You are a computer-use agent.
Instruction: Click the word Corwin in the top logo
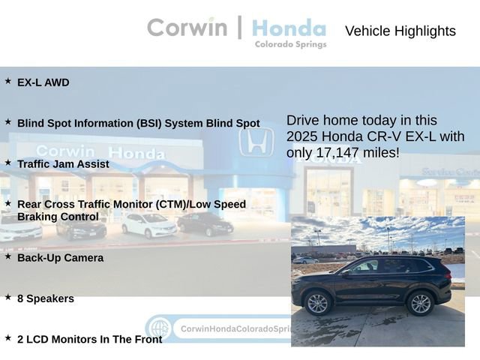click(187, 28)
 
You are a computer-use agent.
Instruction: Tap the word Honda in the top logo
click(289, 28)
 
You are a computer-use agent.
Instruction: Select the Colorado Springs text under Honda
click(290, 44)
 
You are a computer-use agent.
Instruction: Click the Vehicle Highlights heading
click(400, 31)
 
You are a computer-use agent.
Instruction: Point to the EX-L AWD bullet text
click(43, 82)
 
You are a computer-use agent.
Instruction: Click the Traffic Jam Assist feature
click(63, 163)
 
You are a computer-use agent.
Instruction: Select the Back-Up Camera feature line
click(60, 257)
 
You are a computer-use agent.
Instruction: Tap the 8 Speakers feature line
click(46, 298)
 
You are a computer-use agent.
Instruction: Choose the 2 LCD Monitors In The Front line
click(89, 339)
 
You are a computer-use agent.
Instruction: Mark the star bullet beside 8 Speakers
click(8, 297)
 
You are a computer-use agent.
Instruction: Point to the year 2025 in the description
click(304, 136)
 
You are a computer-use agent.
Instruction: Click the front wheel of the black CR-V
click(318, 303)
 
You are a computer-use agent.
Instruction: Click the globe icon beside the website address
click(158, 328)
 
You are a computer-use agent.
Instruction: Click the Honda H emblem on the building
click(256, 141)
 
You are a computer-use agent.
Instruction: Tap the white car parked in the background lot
click(148, 223)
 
